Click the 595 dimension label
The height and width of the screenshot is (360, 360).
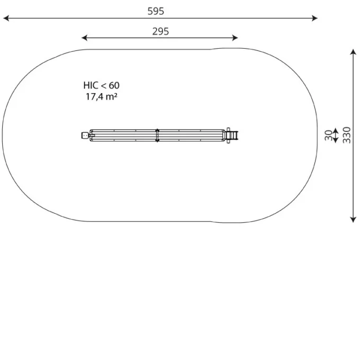click(156, 11)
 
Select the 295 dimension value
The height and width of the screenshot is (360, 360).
click(160, 31)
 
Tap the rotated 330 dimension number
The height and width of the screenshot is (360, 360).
click(347, 135)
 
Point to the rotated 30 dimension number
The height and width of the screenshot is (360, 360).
click(329, 136)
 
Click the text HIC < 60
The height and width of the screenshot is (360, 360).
click(101, 85)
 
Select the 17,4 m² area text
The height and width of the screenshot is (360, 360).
click(102, 97)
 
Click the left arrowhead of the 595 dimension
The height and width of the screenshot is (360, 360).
click(6, 18)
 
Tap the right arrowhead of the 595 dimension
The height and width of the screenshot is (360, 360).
click(314, 18)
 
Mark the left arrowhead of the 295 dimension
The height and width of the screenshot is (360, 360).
click(85, 38)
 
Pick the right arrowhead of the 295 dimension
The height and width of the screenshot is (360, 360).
click(235, 38)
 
